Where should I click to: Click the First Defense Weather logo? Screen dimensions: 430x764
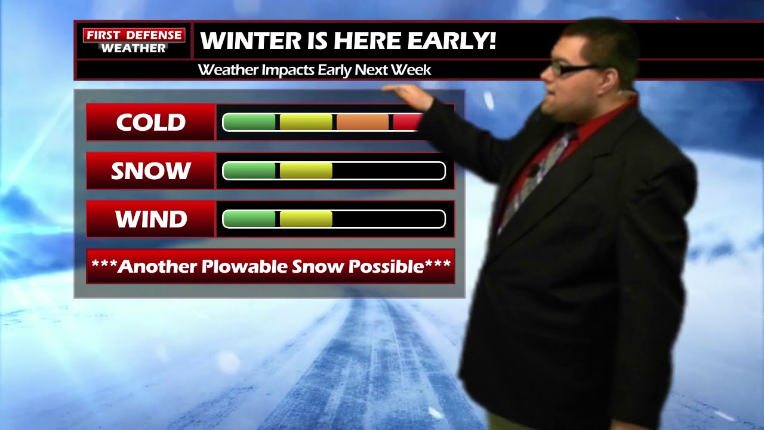[134, 41]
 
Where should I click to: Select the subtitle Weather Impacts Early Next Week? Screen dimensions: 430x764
[314, 70]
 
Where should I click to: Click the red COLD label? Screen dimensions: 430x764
[150, 122]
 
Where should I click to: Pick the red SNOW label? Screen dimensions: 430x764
[150, 171]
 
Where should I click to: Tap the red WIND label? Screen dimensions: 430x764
[150, 219]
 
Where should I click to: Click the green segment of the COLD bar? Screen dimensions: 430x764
[249, 122]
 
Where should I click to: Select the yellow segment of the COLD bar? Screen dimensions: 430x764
[306, 122]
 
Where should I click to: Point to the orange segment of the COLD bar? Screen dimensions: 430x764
[362, 122]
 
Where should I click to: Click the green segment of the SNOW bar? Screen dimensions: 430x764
[249, 171]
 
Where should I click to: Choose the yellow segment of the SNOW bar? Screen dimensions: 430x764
[306, 171]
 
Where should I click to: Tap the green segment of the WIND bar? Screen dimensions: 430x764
[249, 219]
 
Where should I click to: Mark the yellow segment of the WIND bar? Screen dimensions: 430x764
[306, 219]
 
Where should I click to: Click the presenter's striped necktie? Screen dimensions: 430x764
[537, 173]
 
